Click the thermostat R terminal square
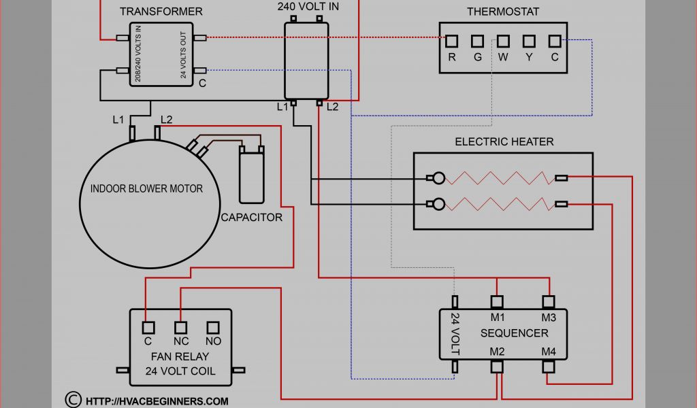tap(451, 41)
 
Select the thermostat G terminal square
tap(477, 41)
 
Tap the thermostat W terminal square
tap(503, 41)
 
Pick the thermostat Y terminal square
tap(529, 41)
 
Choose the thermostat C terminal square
tap(555, 41)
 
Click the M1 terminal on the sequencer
tap(497, 301)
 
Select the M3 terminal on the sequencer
tap(549, 301)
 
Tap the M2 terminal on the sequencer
tap(497, 367)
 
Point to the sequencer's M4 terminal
tap(549, 367)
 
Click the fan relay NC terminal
tap(180, 327)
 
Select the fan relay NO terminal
tap(213, 327)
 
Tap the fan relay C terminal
tap(147, 327)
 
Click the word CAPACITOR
tap(251, 218)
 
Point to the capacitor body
tap(251, 177)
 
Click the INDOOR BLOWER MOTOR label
tap(146, 188)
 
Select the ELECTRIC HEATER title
tap(504, 141)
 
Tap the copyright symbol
tap(72, 399)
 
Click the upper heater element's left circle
tap(440, 179)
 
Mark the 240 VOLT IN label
tap(308, 6)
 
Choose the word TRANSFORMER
tap(161, 12)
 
